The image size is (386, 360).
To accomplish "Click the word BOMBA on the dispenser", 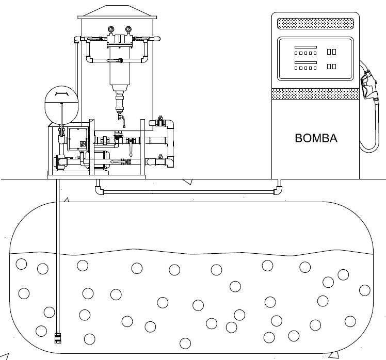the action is (x=316, y=138).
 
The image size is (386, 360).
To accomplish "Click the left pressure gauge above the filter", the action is (x=111, y=29).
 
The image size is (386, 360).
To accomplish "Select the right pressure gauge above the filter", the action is (x=128, y=29).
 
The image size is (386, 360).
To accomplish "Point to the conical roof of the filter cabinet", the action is (x=117, y=12).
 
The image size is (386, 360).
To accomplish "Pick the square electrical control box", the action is (x=78, y=139).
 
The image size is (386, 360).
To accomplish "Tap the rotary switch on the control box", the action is (x=83, y=144).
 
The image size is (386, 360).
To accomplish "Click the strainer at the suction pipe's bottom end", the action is (x=58, y=338).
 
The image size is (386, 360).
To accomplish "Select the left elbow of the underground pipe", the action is (x=99, y=190).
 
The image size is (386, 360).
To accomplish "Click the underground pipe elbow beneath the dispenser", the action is (x=278, y=190).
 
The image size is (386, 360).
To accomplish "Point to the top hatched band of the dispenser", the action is (x=315, y=24).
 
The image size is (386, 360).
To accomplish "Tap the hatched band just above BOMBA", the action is (x=315, y=94).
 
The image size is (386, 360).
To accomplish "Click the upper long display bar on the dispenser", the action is (x=305, y=47).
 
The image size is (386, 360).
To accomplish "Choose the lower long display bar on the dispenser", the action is (x=305, y=62).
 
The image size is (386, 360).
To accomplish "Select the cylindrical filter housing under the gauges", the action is (x=119, y=67).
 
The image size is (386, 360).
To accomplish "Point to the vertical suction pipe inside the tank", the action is (x=58, y=256).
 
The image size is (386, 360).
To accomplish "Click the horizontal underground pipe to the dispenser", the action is (x=189, y=192).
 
